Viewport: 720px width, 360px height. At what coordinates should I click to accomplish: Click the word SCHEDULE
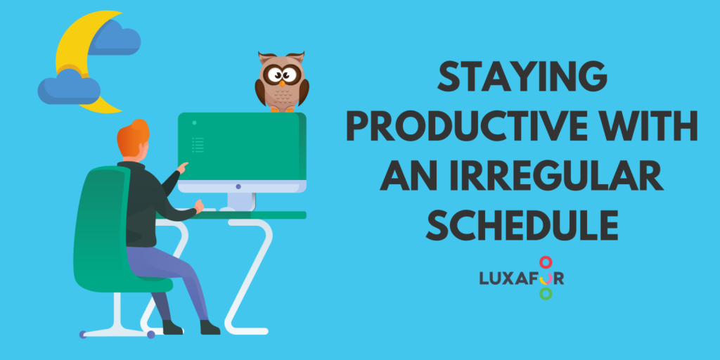(x=521, y=224)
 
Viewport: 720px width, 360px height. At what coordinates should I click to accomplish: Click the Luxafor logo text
(x=521, y=277)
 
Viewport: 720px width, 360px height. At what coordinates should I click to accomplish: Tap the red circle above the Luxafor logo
(x=545, y=262)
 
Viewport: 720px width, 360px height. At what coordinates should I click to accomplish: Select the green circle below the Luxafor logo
(x=545, y=293)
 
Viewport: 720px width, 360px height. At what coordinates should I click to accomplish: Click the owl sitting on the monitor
(x=282, y=82)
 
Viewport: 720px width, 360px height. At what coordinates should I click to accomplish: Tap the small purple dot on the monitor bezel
(x=238, y=186)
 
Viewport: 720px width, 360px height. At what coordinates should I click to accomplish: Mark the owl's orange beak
(x=282, y=82)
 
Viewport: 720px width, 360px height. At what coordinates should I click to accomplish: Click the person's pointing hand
(x=184, y=167)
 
